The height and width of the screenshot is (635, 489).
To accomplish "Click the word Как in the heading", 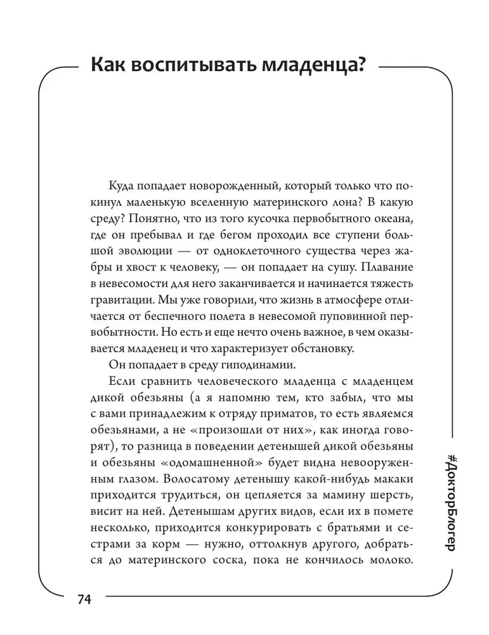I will (110, 66).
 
